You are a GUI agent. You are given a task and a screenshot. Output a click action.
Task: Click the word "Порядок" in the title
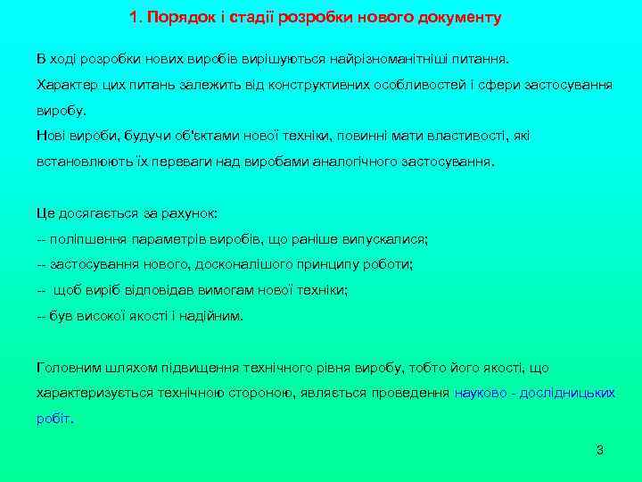click(175, 17)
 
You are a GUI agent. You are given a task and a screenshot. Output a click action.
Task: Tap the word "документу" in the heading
click(457, 17)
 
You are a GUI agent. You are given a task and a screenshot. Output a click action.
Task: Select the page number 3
click(600, 449)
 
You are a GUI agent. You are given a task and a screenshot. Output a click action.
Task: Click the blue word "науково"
click(481, 393)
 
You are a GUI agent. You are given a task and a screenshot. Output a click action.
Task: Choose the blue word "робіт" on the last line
click(53, 418)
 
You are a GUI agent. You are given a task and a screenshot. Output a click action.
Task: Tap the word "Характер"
click(64, 85)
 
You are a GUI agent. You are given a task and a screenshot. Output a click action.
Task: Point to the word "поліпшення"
click(82, 239)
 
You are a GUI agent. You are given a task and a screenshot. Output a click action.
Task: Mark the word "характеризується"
click(93, 393)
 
